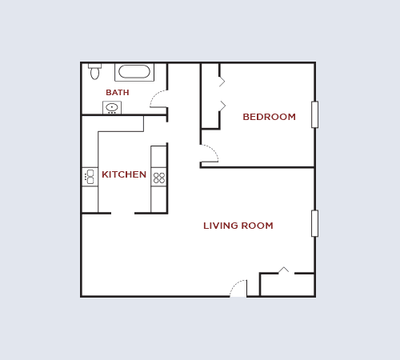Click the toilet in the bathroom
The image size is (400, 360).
[x=94, y=72]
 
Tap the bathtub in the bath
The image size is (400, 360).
[x=134, y=72]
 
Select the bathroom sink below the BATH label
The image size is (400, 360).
[x=112, y=107]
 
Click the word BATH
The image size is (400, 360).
[x=117, y=93]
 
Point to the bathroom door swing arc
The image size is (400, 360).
[x=158, y=99]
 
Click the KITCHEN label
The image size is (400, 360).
[x=124, y=174]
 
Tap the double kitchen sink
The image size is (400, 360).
[x=90, y=177]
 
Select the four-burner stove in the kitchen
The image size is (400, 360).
[x=159, y=178]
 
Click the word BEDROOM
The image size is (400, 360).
[x=269, y=117]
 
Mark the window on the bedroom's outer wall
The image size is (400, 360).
[x=314, y=114]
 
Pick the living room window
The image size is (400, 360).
[x=314, y=223]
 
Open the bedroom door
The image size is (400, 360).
[x=210, y=154]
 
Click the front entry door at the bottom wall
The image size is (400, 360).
[x=238, y=290]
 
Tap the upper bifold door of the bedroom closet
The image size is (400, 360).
[x=222, y=81]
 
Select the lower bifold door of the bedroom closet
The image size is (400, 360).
[x=222, y=106]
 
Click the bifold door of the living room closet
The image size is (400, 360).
[x=283, y=270]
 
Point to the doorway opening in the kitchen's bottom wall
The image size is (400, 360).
[x=122, y=213]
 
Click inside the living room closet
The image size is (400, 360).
[x=286, y=285]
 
